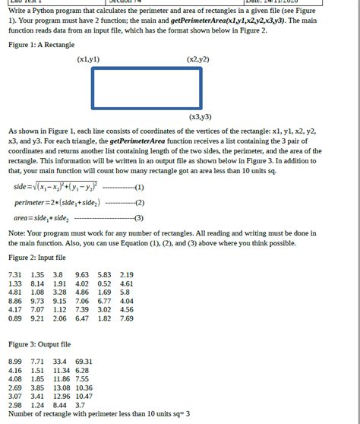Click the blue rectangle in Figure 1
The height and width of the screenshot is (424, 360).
click(x=147, y=88)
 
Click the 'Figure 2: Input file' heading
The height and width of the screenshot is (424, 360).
click(x=37, y=258)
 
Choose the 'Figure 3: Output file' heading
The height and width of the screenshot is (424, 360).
click(x=39, y=344)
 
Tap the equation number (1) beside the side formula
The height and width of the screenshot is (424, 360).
click(x=139, y=187)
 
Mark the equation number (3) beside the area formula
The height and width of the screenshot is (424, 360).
click(x=139, y=218)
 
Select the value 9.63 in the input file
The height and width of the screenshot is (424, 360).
click(x=82, y=274)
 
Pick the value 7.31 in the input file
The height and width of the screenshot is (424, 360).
click(x=15, y=274)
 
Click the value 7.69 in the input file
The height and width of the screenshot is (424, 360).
click(x=127, y=318)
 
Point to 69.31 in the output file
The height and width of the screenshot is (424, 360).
click(x=84, y=361)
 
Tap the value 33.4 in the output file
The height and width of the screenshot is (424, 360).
click(x=60, y=361)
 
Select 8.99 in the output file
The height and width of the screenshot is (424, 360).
click(x=15, y=361)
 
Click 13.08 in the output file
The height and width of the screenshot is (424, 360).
click(x=62, y=388)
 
